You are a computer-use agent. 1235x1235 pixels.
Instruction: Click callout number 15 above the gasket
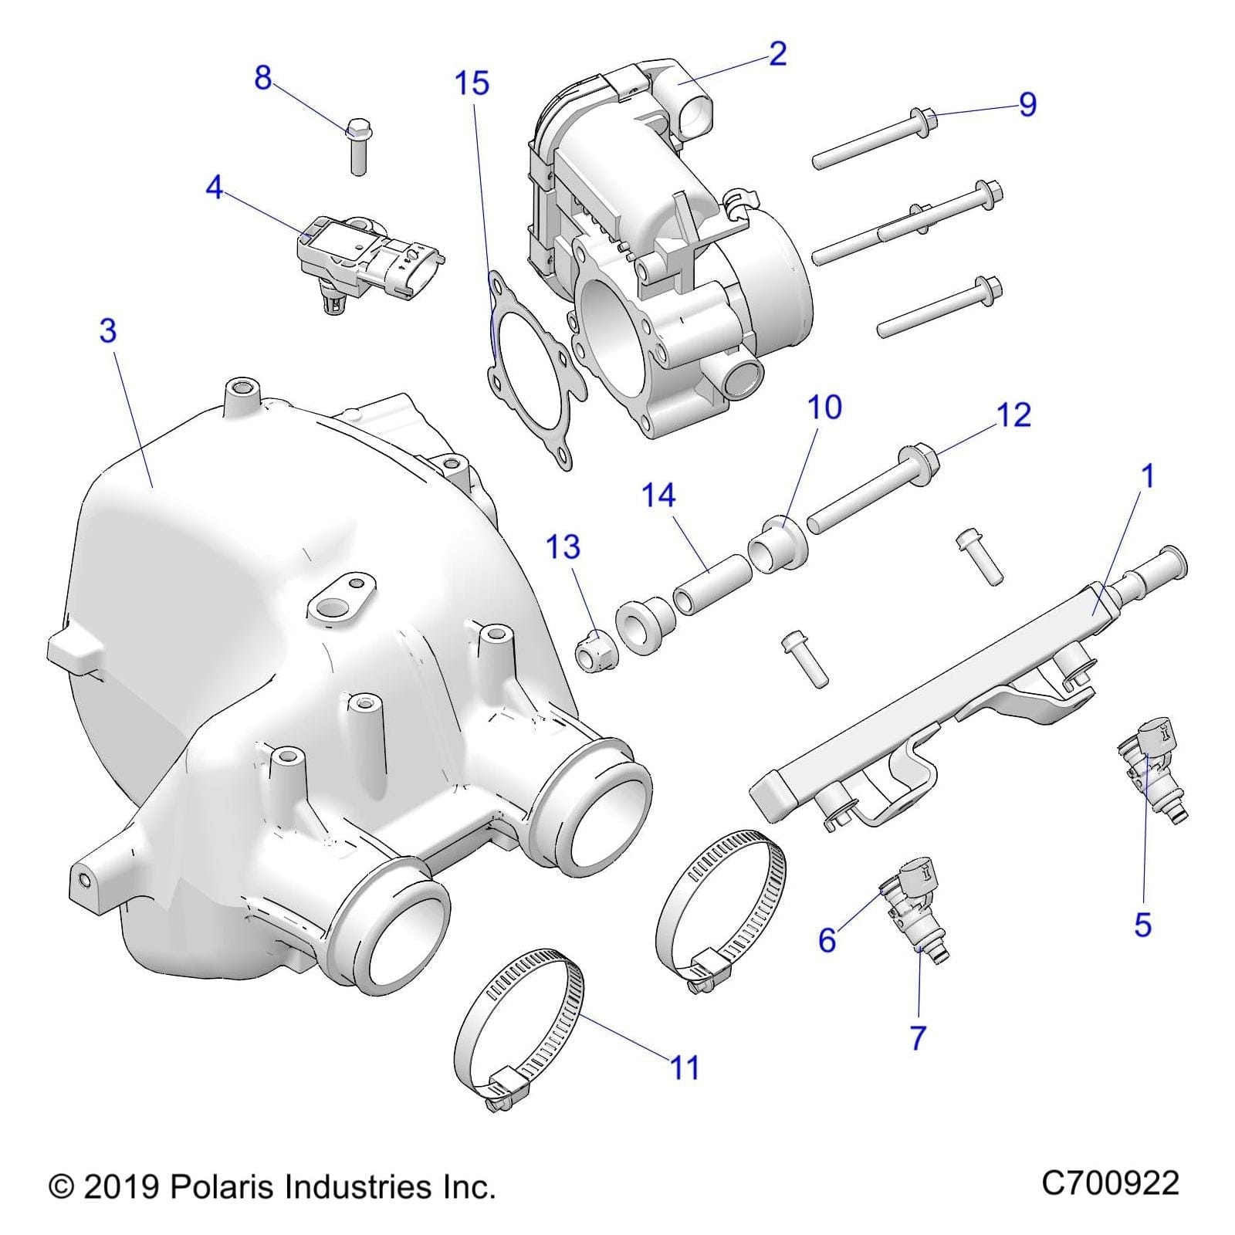[472, 83]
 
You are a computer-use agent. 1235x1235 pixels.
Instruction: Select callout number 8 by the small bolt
[263, 78]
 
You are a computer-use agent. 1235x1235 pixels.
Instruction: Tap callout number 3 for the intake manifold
[108, 330]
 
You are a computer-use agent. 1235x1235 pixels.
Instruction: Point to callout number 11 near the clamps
[684, 1068]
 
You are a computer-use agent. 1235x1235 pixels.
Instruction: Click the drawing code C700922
[1110, 1184]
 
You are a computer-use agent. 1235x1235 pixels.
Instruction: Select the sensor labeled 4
[363, 259]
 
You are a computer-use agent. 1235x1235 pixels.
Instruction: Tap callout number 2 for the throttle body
[777, 53]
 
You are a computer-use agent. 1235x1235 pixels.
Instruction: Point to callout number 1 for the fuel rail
[1147, 476]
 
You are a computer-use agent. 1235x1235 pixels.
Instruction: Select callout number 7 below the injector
[917, 1038]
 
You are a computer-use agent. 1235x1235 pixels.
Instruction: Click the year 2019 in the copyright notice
[120, 1186]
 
